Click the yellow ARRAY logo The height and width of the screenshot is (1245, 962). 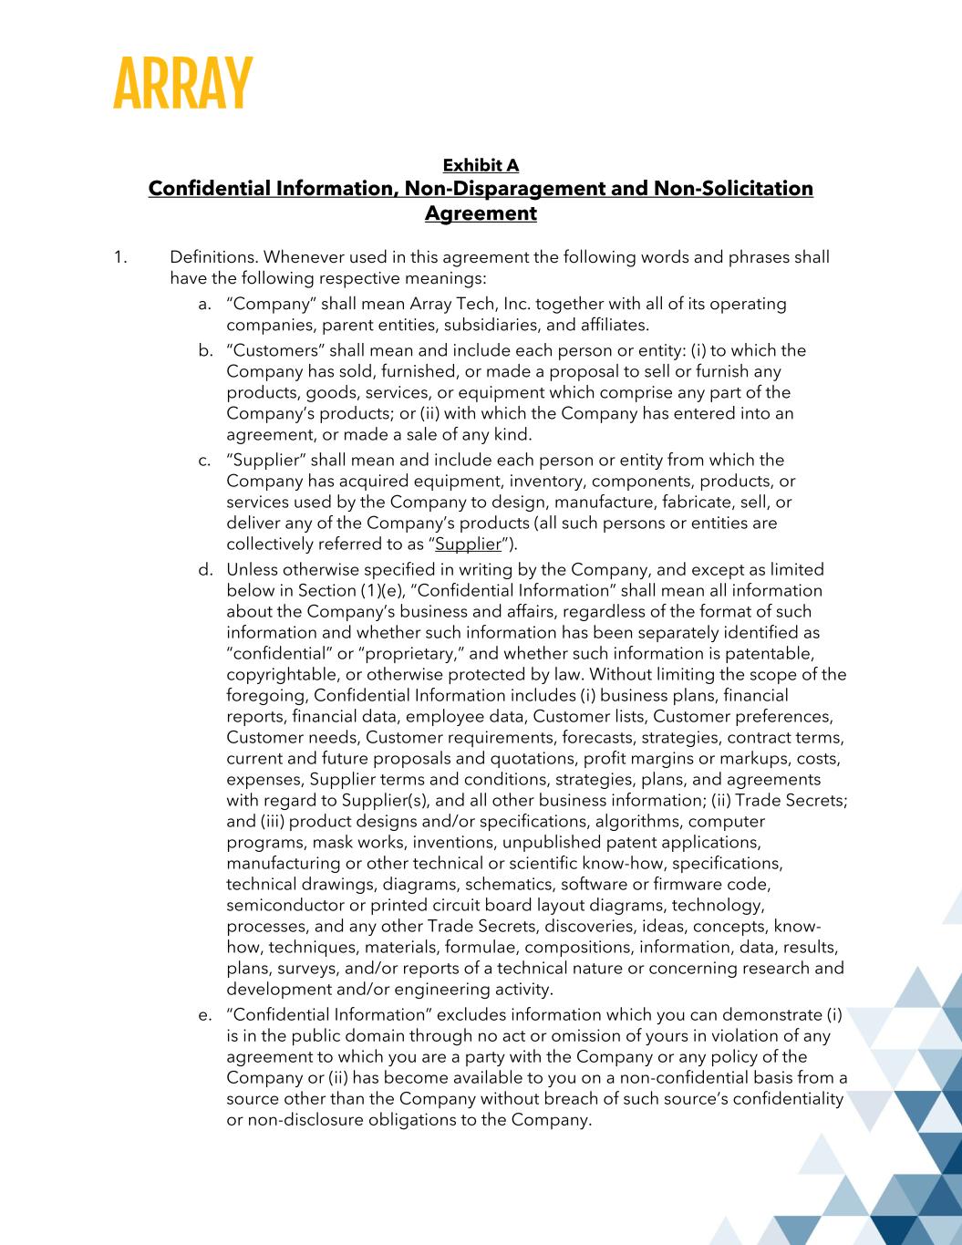(182, 84)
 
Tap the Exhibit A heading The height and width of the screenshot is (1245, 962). (481, 165)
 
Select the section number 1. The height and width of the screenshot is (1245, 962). (119, 257)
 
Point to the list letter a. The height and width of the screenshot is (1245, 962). (204, 304)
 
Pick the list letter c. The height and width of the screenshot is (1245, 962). (204, 460)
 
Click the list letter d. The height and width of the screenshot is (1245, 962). (204, 570)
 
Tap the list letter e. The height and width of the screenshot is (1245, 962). (204, 1015)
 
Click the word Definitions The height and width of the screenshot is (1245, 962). (213, 257)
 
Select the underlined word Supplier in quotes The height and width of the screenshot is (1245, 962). (469, 545)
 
